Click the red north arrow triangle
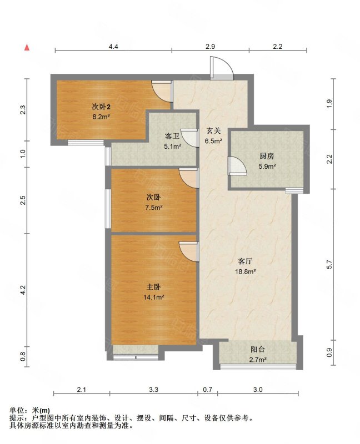click(27, 48)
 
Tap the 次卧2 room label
click(101, 107)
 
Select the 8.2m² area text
click(101, 117)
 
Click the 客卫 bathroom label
click(172, 136)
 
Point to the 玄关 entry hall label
click(213, 130)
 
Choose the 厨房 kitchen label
click(267, 156)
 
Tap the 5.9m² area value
click(267, 166)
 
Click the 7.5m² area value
click(154, 207)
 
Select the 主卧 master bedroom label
click(154, 287)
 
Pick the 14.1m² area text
click(154, 297)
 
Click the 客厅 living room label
click(245, 261)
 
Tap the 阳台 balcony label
click(258, 350)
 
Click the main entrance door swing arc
click(228, 64)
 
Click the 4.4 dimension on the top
click(113, 47)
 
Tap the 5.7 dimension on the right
click(329, 264)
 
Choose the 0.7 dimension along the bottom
click(208, 390)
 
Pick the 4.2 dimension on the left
click(23, 290)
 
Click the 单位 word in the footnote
click(16, 410)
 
